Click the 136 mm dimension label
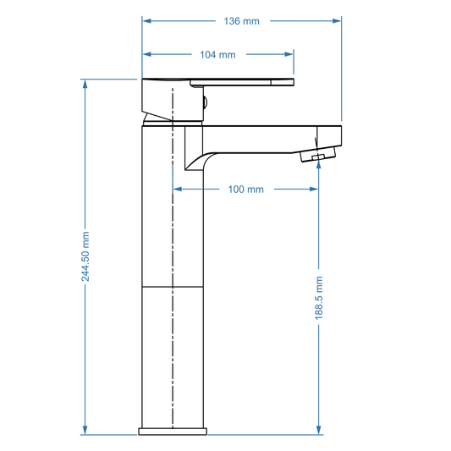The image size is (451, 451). [x=242, y=21]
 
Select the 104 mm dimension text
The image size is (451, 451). [x=217, y=54]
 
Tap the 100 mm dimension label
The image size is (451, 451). [x=245, y=189]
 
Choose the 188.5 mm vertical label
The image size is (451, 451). [x=318, y=297]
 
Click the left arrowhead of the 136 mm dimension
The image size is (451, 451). [x=146, y=21]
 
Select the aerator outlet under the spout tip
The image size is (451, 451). [x=318, y=157]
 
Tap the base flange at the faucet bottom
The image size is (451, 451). [x=173, y=432]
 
